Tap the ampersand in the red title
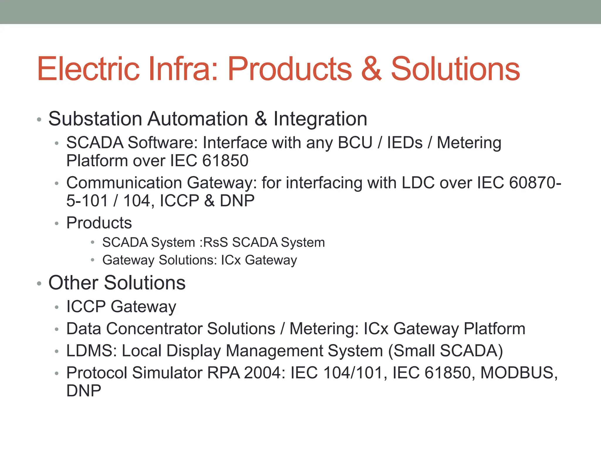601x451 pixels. (372, 69)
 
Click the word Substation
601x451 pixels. (95, 119)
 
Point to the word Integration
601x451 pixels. (320, 120)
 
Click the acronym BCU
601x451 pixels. (355, 143)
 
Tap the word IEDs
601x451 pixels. (405, 143)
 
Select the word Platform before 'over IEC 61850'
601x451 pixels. (97, 161)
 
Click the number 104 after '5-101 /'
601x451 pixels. (137, 201)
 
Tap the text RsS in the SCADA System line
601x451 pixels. (215, 243)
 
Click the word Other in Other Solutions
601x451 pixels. (73, 283)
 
